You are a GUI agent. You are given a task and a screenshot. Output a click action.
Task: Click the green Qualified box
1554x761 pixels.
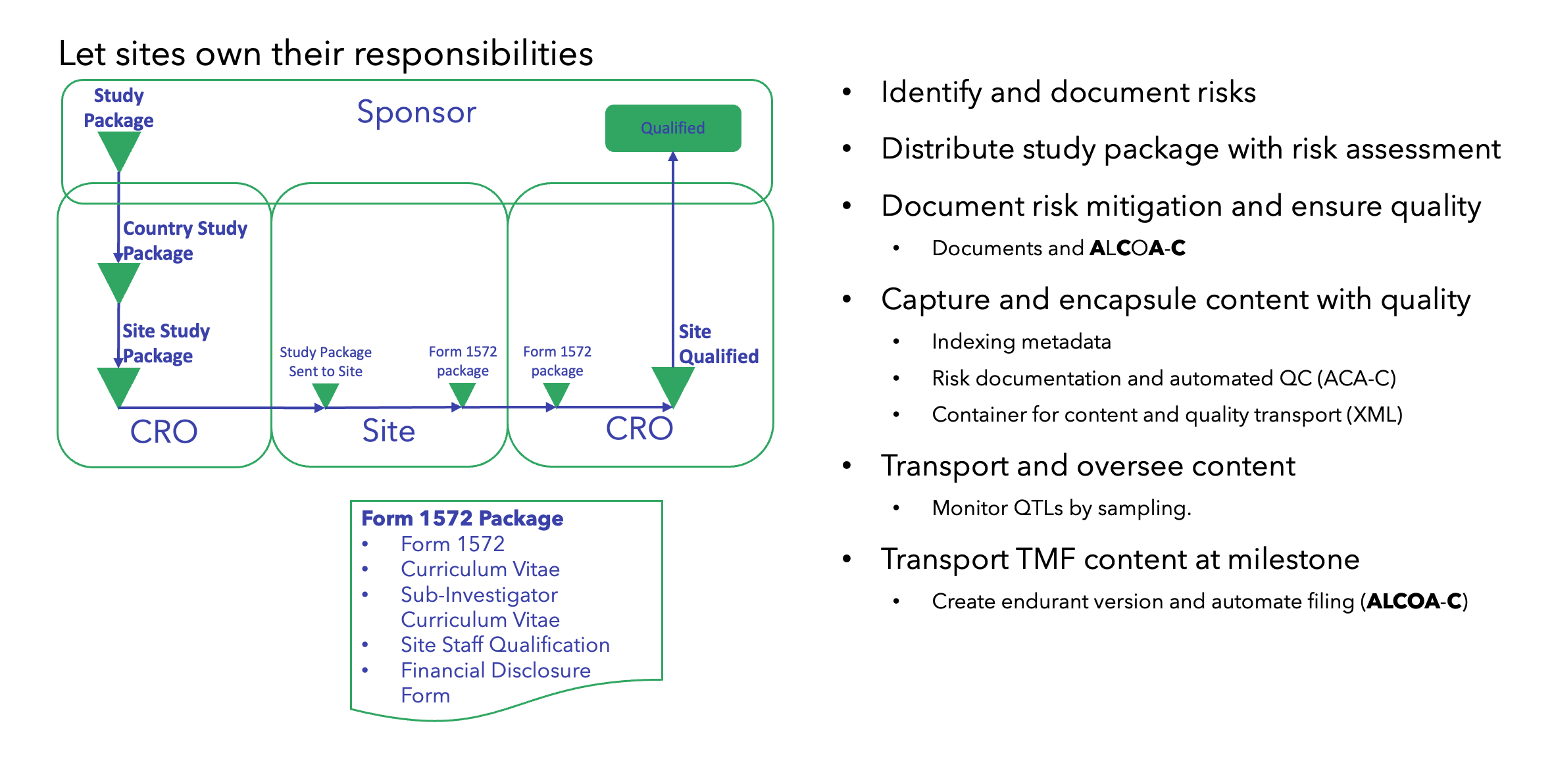[672, 128]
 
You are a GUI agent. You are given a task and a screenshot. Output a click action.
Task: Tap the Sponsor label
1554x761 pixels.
[416, 112]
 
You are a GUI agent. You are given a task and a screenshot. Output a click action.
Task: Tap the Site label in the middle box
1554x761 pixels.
[388, 431]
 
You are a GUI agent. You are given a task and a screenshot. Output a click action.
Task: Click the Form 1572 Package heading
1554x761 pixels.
[462, 518]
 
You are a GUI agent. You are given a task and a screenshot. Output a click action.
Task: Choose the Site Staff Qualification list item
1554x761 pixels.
[505, 645]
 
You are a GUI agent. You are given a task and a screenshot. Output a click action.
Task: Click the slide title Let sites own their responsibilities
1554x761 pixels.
[326, 54]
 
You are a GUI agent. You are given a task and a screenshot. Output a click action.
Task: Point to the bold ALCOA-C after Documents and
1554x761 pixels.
[1138, 248]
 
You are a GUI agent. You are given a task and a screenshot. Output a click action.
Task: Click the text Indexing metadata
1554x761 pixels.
[1021, 341]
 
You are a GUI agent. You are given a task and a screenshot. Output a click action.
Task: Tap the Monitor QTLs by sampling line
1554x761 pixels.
[1061, 508]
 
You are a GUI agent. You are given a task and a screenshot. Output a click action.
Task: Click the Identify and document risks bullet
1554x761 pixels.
[1068, 92]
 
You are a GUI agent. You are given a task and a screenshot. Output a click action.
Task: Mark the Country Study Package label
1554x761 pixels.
[184, 241]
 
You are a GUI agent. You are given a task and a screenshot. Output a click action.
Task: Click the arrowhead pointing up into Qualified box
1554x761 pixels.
[672, 157]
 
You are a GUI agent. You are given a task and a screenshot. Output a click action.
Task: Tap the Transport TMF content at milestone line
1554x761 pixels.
[1120, 559]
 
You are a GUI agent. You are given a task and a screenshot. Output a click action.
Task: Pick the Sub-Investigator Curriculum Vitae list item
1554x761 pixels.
[480, 607]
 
